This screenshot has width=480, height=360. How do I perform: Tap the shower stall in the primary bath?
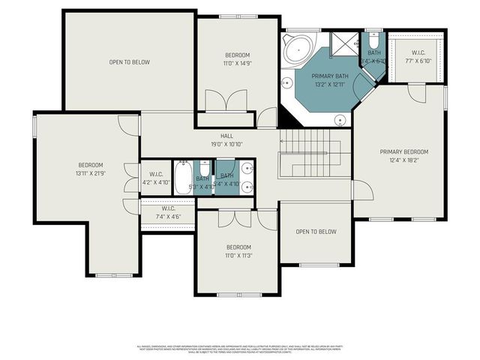[343, 43]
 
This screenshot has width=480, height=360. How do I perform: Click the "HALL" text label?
[226, 136]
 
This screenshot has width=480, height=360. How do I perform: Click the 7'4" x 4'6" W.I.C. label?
[167, 213]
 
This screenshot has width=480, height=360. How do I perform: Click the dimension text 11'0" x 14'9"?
[237, 64]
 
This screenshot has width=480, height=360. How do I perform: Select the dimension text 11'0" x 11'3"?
[239, 255]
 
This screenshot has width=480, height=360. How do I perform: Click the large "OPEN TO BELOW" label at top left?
[127, 62]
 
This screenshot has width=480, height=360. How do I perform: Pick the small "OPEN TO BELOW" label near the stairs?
[316, 232]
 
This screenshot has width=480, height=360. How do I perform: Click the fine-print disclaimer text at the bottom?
[240, 349]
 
